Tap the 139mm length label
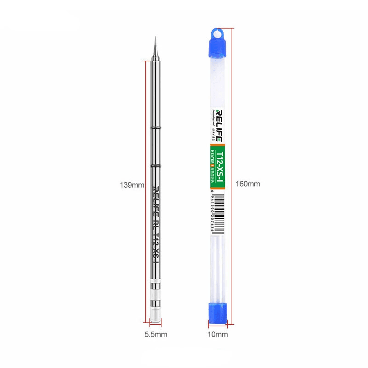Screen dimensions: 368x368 point(132,185)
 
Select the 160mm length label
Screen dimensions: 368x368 point(248,184)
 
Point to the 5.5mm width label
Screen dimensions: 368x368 point(156,334)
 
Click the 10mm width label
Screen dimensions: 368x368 point(218,334)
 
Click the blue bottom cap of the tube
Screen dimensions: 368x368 point(218,312)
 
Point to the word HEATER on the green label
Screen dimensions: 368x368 point(213,157)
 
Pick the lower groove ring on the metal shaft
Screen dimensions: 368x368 point(155,165)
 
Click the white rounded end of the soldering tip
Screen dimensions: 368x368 point(156,316)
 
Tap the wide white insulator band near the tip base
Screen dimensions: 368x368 point(156,294)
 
